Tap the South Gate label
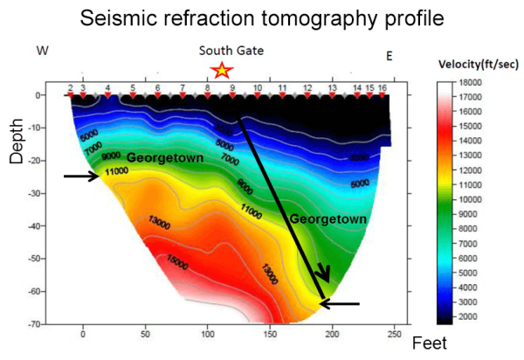[231, 52]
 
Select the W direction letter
[40, 52]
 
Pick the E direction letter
[390, 56]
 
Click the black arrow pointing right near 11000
[81, 177]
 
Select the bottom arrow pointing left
[340, 304]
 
